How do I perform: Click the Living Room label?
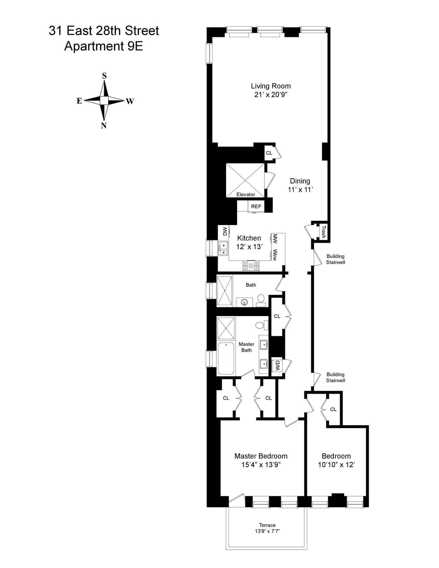(x=271, y=86)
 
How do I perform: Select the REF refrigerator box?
(x=256, y=206)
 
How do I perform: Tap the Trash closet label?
(x=324, y=232)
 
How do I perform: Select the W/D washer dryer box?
(x=277, y=366)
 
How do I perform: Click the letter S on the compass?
(x=104, y=76)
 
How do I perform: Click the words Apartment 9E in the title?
(x=103, y=46)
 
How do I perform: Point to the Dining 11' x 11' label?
(x=300, y=185)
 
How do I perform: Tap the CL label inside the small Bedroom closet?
(x=333, y=409)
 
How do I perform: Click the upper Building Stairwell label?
(x=335, y=259)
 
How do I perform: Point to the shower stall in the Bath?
(x=225, y=291)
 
